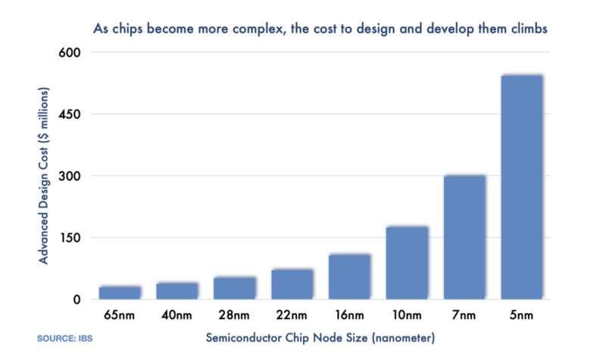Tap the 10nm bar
[x=407, y=262]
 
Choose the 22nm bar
[x=292, y=283]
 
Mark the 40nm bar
[x=177, y=290]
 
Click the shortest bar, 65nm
[x=120, y=292]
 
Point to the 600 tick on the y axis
[x=70, y=52]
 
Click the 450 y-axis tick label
[x=70, y=114]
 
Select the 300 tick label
[x=70, y=176]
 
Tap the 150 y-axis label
[x=70, y=237]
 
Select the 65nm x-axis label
[x=120, y=314]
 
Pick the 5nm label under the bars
[x=521, y=314]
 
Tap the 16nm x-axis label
[x=349, y=314]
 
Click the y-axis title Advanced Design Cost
[x=45, y=176]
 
